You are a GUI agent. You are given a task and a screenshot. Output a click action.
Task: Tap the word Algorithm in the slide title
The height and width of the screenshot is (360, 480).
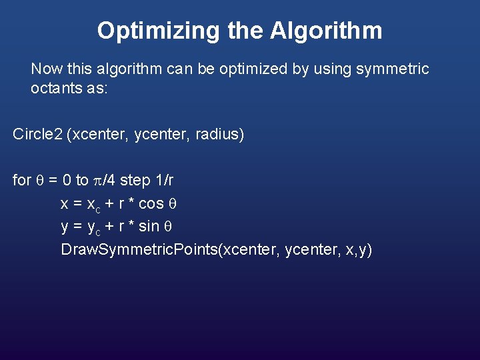327,31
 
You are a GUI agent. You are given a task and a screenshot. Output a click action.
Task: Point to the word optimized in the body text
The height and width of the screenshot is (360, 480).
243,69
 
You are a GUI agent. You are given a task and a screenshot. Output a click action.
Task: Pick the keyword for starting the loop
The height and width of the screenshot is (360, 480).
21,180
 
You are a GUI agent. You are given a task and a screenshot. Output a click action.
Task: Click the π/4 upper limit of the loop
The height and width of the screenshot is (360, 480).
104,180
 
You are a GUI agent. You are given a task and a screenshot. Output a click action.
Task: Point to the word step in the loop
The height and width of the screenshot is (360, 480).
134,180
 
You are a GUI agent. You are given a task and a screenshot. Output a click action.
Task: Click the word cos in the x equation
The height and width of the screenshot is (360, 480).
151,203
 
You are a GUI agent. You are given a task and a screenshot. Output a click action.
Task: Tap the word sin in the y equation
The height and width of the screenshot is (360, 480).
150,227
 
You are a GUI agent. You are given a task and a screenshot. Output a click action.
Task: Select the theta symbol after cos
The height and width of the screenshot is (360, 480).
171,203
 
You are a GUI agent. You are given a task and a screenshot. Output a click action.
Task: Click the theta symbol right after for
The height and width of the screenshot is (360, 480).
39,180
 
